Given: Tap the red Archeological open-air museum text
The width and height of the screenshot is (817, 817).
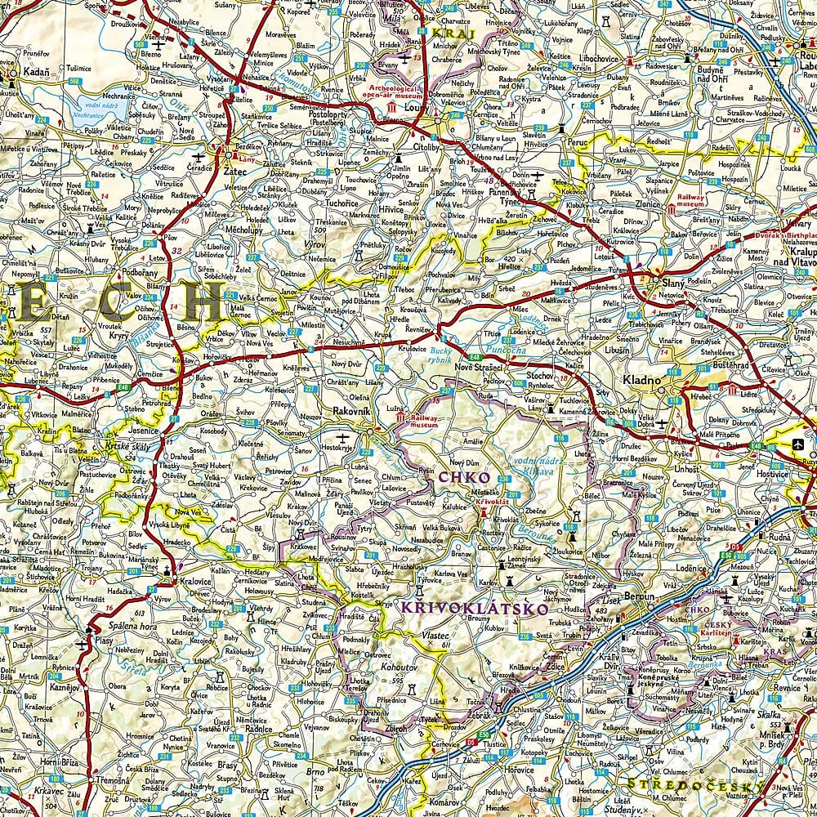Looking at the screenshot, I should (392, 92).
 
